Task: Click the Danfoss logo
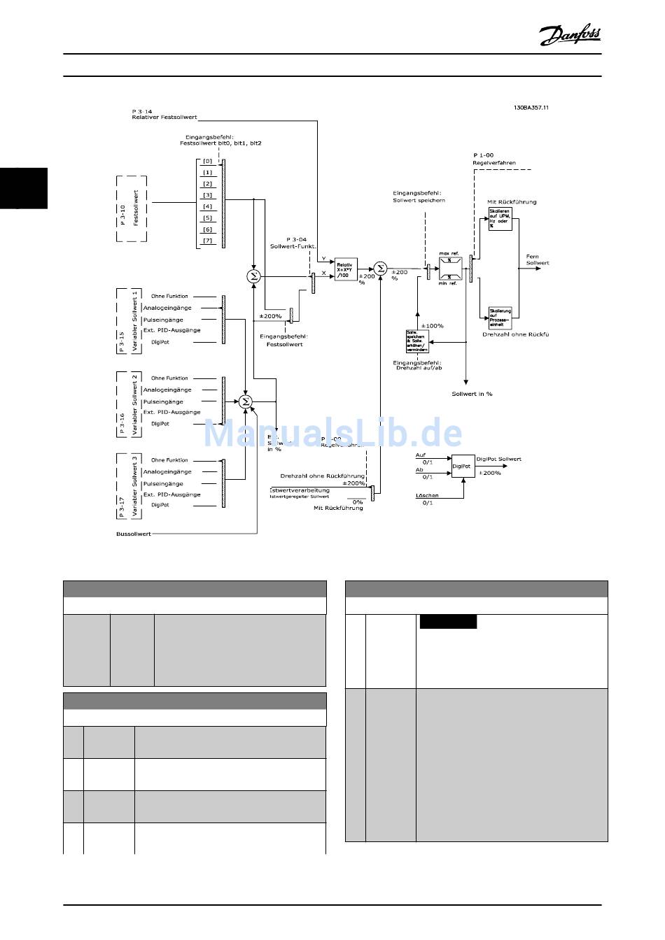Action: coord(570,35)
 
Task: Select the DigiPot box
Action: coord(461,466)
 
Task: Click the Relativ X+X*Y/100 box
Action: coord(345,270)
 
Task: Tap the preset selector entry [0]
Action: coord(208,162)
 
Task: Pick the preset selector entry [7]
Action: coord(208,241)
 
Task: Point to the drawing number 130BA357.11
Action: coord(531,108)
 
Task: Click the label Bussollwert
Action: coord(134,534)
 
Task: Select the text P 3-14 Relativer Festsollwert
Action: coord(164,114)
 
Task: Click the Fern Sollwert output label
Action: coord(538,259)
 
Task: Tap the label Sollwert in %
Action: coord(472,394)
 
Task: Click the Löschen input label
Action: coord(427,495)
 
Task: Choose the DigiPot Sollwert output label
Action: coord(498,459)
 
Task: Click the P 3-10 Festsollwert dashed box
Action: coord(132,208)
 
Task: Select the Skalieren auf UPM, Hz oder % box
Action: coord(500,218)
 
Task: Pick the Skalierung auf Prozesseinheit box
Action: coord(500,318)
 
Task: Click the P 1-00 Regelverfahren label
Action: coord(493,159)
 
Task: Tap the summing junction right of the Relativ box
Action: coord(380,269)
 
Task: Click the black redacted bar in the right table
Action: coord(448,622)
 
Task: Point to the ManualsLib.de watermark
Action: coord(332,434)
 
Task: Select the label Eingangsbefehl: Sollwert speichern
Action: coord(419,197)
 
